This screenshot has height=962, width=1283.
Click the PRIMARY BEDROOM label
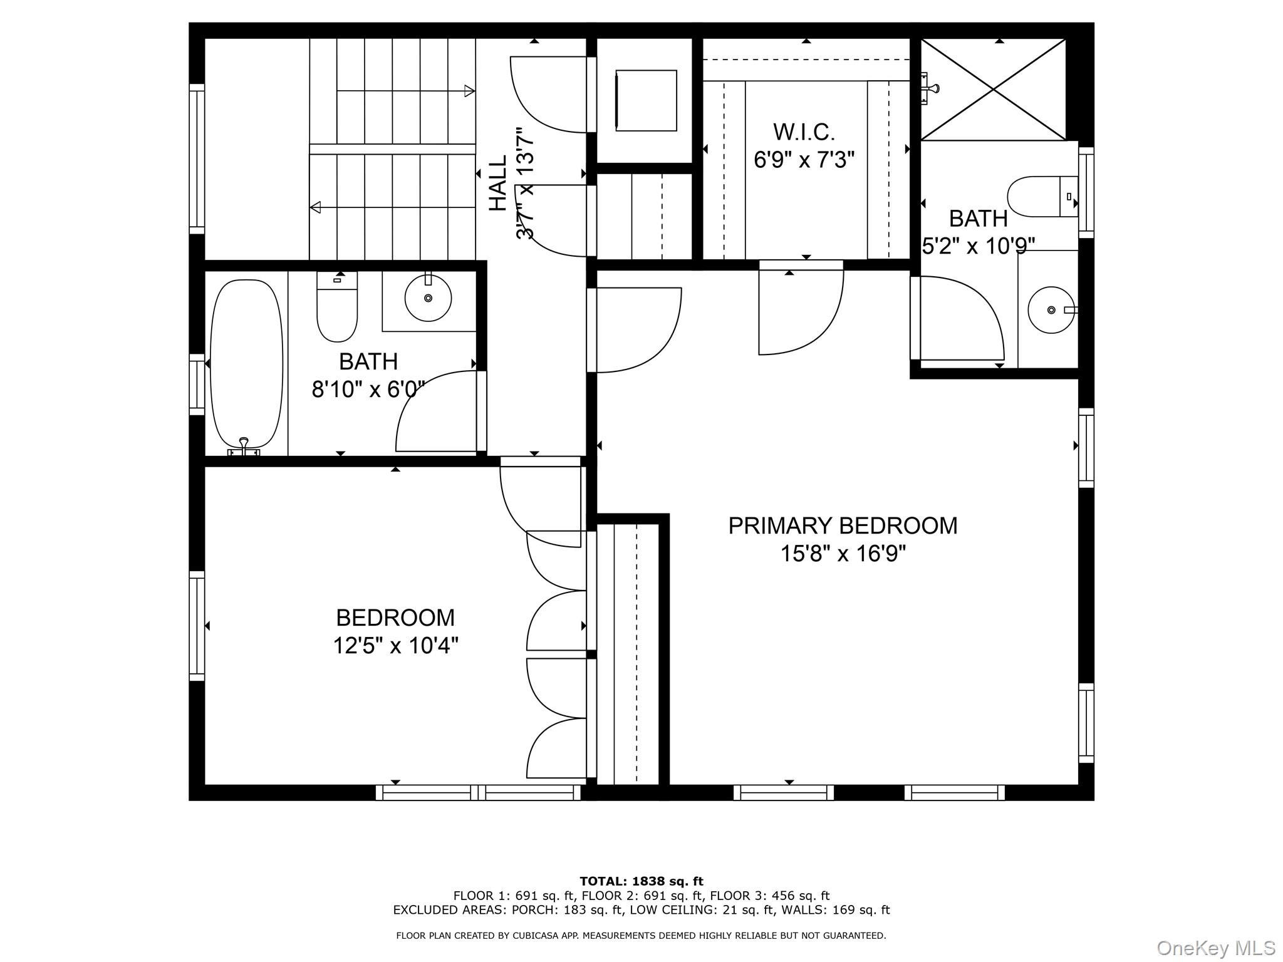pyautogui.click(x=843, y=525)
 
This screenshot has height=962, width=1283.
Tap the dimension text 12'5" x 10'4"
pyautogui.click(x=395, y=645)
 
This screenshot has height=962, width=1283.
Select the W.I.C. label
pyautogui.click(x=804, y=132)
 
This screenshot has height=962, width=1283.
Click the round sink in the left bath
pyautogui.click(x=428, y=298)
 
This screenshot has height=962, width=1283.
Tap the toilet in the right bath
pyautogui.click(x=1040, y=197)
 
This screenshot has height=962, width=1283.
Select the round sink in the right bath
pyautogui.click(x=1051, y=310)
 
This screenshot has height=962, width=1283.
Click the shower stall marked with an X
pyautogui.click(x=994, y=90)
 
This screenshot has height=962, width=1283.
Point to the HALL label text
pyautogui.click(x=498, y=183)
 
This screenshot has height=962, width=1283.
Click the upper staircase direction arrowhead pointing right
pyautogui.click(x=469, y=91)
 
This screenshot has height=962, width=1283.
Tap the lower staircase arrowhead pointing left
pyautogui.click(x=316, y=207)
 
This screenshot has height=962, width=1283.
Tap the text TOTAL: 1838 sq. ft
pyautogui.click(x=641, y=882)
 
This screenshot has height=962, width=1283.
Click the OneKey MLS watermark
pyautogui.click(x=1215, y=948)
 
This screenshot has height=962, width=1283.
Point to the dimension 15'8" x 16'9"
pyautogui.click(x=843, y=554)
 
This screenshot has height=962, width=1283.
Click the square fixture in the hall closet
pyautogui.click(x=646, y=101)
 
